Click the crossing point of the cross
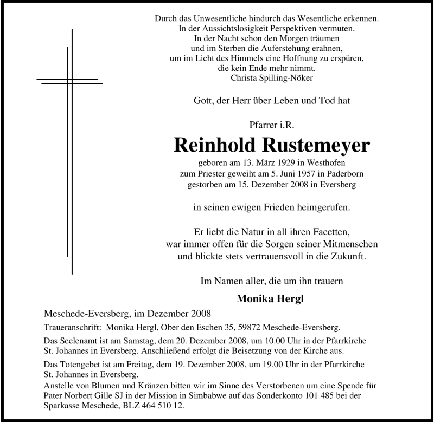pos(69,81)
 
